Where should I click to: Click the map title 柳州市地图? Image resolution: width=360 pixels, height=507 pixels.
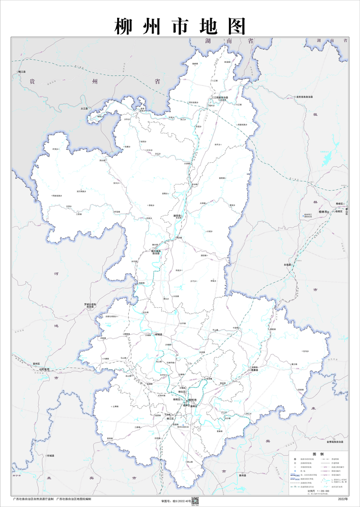[x=180, y=26]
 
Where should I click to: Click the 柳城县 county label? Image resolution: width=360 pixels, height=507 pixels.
[x=158, y=334]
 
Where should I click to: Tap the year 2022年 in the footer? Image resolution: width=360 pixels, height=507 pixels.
[x=343, y=500]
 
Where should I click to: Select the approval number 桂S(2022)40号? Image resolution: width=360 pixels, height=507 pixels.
[x=176, y=500]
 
